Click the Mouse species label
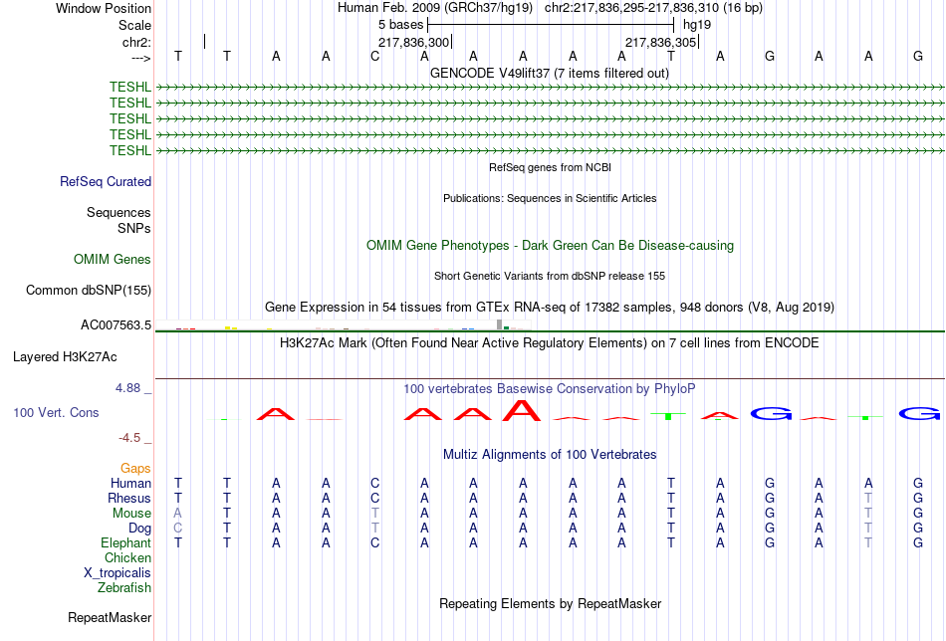click(x=131, y=514)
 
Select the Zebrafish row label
click(x=124, y=588)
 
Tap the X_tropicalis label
click(x=118, y=573)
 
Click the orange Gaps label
click(x=135, y=469)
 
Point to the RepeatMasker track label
click(x=110, y=617)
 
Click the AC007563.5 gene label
click(x=116, y=325)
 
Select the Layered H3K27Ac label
click(x=65, y=357)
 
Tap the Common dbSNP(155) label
click(x=89, y=290)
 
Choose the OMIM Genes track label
click(x=113, y=260)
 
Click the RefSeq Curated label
click(x=106, y=181)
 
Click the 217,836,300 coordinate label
click(x=414, y=43)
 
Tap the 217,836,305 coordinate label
click(x=660, y=43)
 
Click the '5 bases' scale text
click(x=401, y=25)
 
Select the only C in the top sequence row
click(x=375, y=56)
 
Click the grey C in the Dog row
click(x=177, y=529)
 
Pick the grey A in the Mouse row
click(x=177, y=514)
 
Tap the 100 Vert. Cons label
click(x=56, y=412)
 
